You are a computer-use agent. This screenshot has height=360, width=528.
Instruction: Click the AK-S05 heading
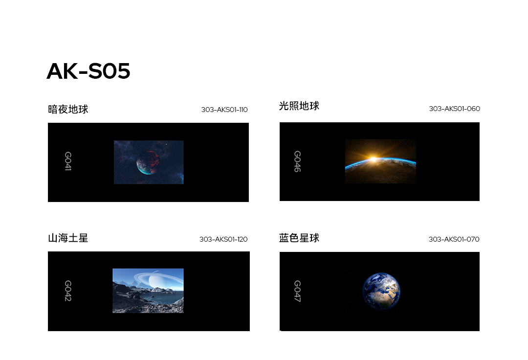tap(88, 71)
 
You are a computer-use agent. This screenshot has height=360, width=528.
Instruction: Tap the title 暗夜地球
tap(68, 110)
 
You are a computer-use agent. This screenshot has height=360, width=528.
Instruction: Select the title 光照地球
tap(299, 106)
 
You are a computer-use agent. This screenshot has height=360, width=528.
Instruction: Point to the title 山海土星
tap(68, 238)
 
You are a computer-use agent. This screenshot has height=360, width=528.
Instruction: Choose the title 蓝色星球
tap(299, 238)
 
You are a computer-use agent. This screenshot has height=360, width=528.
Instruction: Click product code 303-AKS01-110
tap(224, 110)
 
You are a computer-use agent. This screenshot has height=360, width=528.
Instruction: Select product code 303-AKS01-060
tap(454, 109)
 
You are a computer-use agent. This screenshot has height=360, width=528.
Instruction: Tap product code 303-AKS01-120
tap(223, 239)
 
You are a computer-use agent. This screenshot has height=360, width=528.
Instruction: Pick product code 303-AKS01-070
tap(454, 239)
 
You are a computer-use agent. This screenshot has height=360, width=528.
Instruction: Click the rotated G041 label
tap(67, 161)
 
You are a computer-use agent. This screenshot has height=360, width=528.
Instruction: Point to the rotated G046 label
tap(297, 161)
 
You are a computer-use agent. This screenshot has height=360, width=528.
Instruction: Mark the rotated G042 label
tap(67, 291)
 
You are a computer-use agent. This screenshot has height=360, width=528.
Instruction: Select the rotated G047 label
tap(297, 291)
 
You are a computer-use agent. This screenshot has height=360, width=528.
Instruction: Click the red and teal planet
tap(148, 162)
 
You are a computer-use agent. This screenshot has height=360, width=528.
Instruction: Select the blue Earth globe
tap(381, 291)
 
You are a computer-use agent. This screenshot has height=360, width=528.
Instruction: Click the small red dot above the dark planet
tap(166, 144)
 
